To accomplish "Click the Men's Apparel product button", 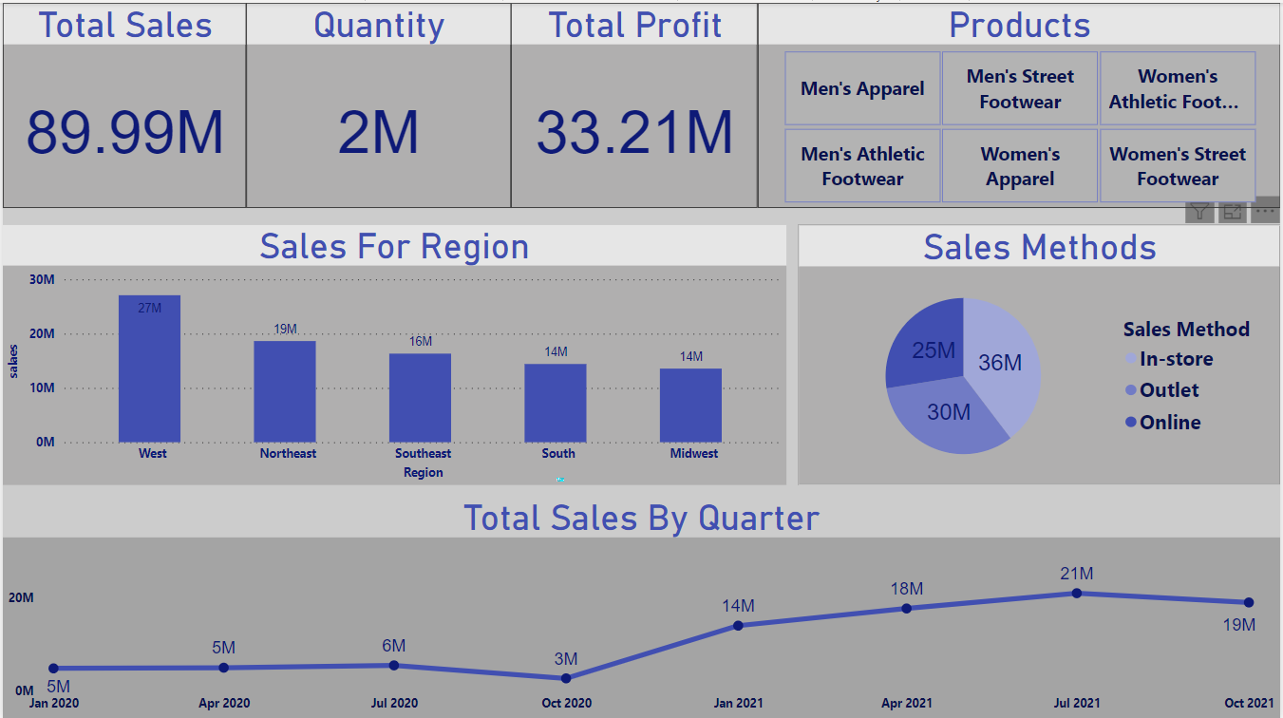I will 862,88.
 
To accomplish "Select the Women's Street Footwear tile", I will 1178,166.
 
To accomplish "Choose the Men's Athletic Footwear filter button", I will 862,166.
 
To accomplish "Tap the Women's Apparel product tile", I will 1020,166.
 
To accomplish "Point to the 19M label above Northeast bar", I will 285,330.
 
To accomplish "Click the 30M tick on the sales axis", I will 42,279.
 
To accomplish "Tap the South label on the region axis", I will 557,454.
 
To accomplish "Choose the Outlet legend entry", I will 1169,390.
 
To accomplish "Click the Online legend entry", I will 1170,423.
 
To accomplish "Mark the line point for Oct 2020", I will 566,678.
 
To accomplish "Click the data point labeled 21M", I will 1077,593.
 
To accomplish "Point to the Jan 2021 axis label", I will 737,703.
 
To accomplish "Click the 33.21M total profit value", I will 634,132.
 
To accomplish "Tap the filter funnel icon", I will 1200,213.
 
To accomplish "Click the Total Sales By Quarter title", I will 641,518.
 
